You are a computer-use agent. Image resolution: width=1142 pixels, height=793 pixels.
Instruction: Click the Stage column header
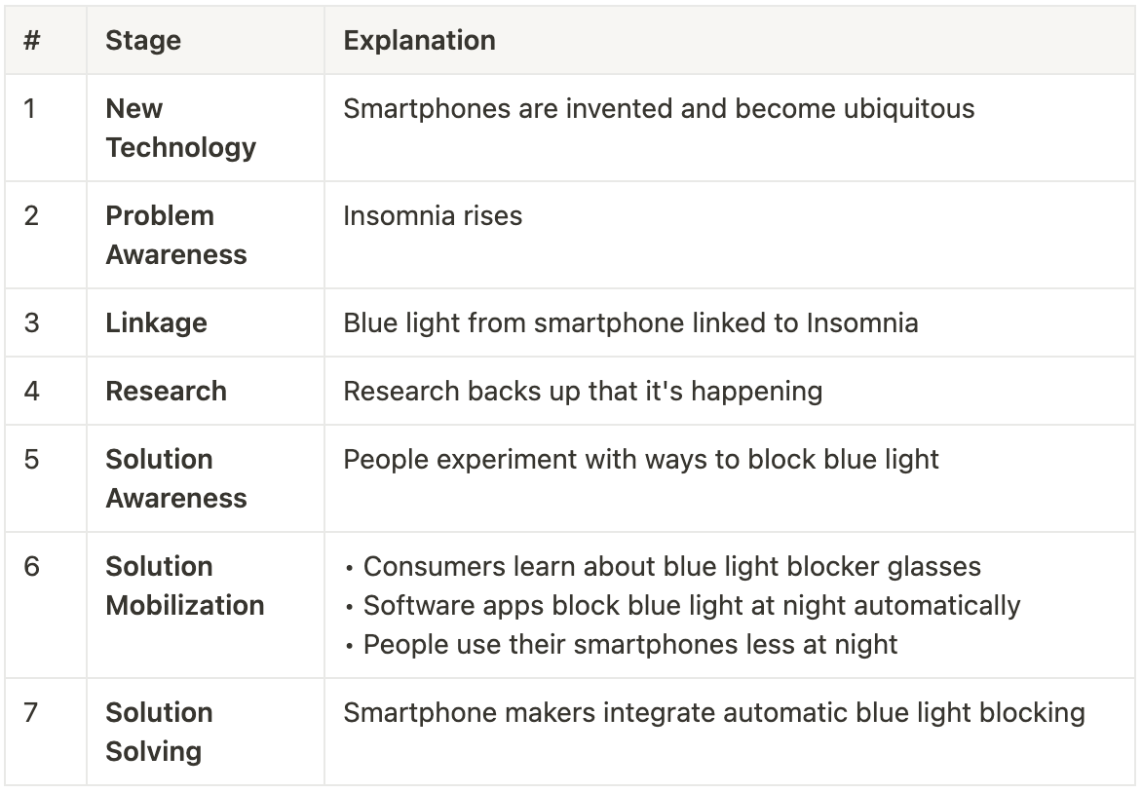143,41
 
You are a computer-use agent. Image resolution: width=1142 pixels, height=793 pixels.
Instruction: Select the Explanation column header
419,41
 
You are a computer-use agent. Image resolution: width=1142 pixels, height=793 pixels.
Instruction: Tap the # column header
31,41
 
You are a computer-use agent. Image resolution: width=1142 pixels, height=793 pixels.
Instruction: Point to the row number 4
31,391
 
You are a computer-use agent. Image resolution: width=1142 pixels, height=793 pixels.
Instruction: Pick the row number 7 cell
31,712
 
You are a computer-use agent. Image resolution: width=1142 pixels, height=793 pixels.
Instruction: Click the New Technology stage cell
180,128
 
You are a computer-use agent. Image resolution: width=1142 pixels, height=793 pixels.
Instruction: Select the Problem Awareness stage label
175,235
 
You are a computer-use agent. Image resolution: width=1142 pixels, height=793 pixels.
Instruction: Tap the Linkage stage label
156,322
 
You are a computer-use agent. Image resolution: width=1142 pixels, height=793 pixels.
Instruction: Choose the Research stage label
166,391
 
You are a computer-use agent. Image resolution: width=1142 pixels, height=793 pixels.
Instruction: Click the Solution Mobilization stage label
184,585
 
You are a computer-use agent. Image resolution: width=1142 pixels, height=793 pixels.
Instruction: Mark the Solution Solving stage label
158,732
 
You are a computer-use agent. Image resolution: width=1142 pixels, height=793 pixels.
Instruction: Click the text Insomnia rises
433,215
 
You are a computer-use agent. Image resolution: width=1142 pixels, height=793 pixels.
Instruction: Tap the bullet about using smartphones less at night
629,644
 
